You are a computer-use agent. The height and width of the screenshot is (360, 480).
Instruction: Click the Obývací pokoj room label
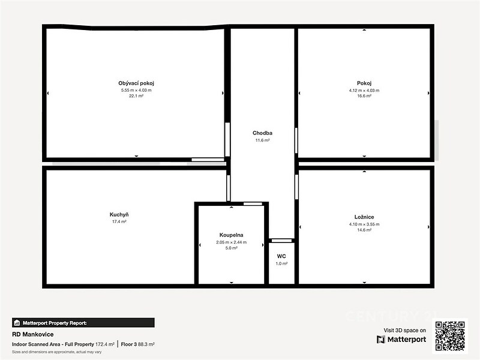[x=136, y=83]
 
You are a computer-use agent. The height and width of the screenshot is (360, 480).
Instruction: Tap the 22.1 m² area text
[x=136, y=96]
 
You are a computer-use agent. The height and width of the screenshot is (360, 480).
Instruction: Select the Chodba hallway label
[x=262, y=133]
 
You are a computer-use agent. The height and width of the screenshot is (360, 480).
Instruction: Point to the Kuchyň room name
[x=119, y=215]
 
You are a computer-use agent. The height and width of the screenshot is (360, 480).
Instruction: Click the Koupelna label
[x=232, y=235]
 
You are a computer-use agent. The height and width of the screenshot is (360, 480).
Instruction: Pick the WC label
[x=281, y=256]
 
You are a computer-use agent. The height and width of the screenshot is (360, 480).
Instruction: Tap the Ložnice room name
[x=364, y=217]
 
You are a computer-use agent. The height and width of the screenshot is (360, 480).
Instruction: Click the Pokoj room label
[x=364, y=83]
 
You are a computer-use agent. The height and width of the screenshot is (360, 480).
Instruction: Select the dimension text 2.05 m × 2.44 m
[x=232, y=242]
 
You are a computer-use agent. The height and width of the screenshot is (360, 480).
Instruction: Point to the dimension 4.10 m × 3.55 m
[x=364, y=224]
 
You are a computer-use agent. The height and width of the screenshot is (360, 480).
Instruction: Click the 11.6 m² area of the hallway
[x=262, y=140]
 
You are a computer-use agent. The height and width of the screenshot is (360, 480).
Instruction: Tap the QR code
[x=451, y=336]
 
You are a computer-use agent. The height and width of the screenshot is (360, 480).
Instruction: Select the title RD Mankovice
[x=33, y=334]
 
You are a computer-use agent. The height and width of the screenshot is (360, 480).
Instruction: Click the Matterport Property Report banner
[x=83, y=323]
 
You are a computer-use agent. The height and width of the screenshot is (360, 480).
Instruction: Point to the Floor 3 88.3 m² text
[x=138, y=344]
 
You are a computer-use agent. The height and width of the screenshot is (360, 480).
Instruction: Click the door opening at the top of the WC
[x=282, y=241]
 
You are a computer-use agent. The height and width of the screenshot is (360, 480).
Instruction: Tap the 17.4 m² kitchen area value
[x=119, y=221]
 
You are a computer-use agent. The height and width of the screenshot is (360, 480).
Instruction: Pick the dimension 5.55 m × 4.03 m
[x=136, y=91]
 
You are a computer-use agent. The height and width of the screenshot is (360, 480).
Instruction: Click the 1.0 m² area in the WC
[x=281, y=263]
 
